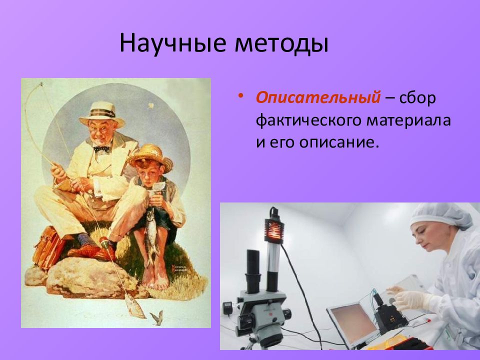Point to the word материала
point(408,120)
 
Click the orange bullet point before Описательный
point(240,95)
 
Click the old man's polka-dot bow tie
point(101,149)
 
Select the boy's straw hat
point(150,157)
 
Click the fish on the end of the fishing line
point(134,305)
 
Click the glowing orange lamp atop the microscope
point(273,227)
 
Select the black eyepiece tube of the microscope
point(253,271)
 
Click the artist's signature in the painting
point(179,269)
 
